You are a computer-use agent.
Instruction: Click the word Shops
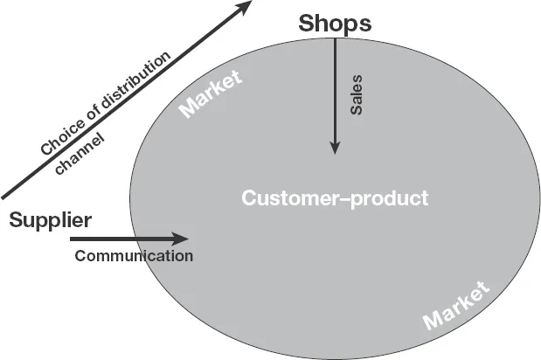point(335,24)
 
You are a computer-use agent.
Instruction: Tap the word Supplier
point(51,220)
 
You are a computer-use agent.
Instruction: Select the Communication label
point(134,256)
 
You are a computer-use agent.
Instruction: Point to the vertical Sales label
point(356,93)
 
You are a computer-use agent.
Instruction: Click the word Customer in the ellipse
point(284,198)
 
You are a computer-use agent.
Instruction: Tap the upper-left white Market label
point(210,95)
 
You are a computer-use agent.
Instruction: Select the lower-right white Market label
point(456,306)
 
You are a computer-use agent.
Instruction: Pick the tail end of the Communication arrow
point(73,238)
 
